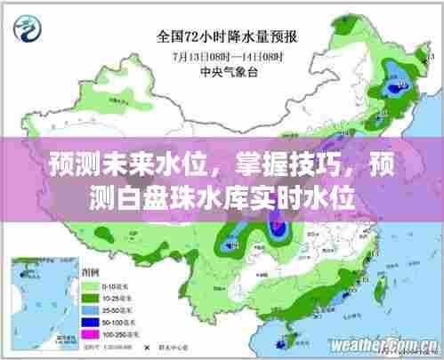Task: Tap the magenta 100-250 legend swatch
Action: pyautogui.click(x=90, y=332)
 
